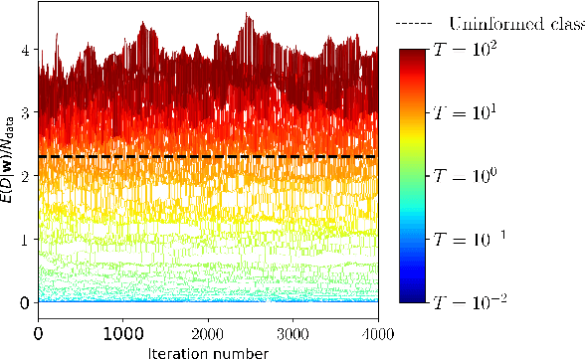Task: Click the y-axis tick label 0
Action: click(x=23, y=301)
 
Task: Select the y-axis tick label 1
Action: click(x=23, y=239)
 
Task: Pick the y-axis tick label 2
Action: click(x=23, y=175)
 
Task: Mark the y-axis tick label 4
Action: click(x=23, y=50)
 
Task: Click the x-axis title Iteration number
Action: click(x=207, y=351)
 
